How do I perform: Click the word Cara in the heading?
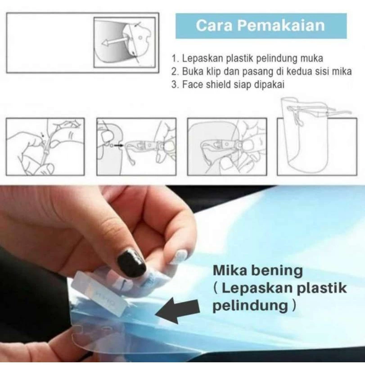pos(214,25)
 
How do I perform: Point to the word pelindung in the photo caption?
pos(251,306)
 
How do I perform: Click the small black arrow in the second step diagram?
pos(119,145)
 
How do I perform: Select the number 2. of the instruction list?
pos(175,72)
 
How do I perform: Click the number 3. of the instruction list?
pos(175,85)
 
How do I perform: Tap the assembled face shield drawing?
pos(310,135)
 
